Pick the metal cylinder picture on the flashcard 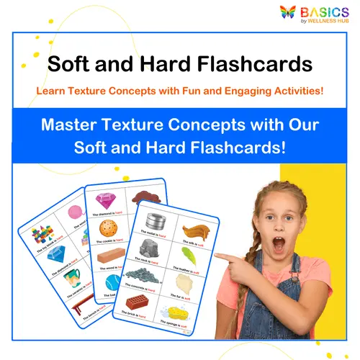[x=156, y=221]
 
